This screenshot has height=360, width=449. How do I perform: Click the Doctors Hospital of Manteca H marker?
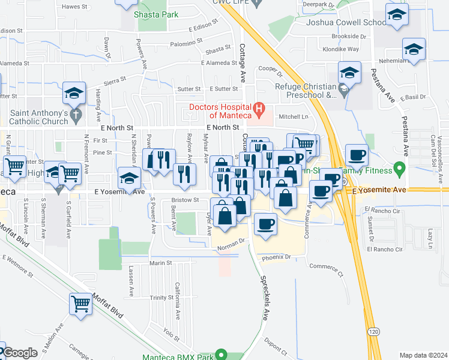point(259,109)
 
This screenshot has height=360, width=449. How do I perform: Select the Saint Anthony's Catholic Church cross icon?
point(75,113)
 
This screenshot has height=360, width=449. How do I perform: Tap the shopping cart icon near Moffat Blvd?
point(80,304)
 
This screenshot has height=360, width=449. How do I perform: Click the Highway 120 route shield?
point(374,331)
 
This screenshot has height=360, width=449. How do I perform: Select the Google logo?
point(19,353)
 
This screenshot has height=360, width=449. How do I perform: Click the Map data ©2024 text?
point(423,355)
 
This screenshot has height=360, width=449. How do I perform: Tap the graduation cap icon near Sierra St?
point(74,94)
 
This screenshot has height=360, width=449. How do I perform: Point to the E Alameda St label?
point(219,62)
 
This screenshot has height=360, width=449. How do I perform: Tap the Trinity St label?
point(162,298)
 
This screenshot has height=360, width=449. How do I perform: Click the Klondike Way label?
point(340,49)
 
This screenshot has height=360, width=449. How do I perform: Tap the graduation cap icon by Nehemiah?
point(414,49)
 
